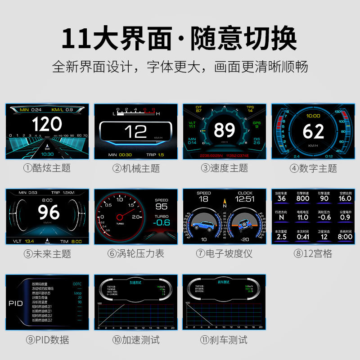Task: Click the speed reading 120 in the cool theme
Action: [x=47, y=124]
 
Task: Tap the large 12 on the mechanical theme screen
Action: [x=135, y=131]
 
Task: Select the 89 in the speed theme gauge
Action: [x=224, y=130]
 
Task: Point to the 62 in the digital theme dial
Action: [x=313, y=131]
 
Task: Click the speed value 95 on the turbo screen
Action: [x=161, y=207]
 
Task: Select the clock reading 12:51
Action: [x=245, y=198]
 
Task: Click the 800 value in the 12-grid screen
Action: [x=302, y=198]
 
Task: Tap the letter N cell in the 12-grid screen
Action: [x=281, y=217]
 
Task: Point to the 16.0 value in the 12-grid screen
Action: [x=345, y=198]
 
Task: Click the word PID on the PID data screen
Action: [x=16, y=303]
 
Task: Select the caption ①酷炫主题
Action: [x=47, y=169]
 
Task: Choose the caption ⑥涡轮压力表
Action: [x=135, y=254]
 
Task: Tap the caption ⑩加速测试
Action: [x=135, y=339]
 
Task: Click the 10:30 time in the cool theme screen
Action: [x=48, y=154]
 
